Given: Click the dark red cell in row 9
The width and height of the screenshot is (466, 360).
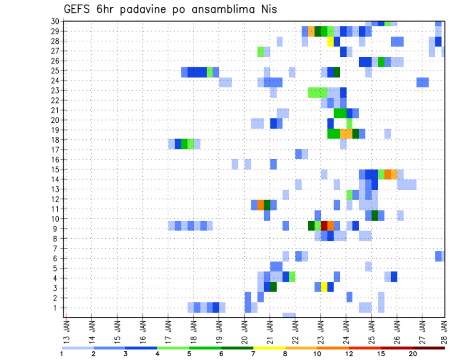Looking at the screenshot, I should click(x=324, y=226).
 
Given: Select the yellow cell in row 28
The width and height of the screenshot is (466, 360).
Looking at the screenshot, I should click(x=330, y=41).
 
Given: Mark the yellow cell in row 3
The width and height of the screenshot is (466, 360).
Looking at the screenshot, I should click(x=324, y=287).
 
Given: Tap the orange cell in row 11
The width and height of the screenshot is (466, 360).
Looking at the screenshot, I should click(x=261, y=204).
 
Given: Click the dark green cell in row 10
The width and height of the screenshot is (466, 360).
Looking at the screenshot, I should click(x=374, y=215).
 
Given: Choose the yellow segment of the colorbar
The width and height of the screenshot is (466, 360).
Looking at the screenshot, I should click(x=269, y=348).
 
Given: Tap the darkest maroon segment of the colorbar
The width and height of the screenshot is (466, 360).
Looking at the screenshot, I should click(x=429, y=348).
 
